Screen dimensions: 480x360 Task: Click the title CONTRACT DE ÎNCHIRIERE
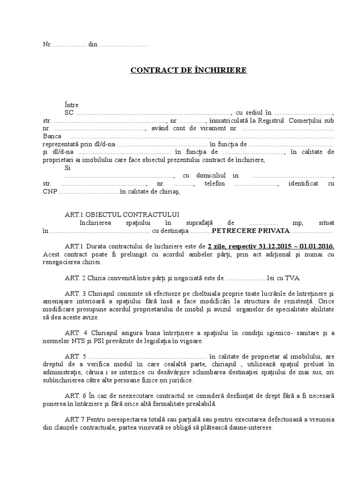tap(188, 70)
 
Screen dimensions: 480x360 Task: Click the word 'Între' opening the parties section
tap(72, 105)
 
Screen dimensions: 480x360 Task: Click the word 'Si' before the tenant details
tap(68, 167)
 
